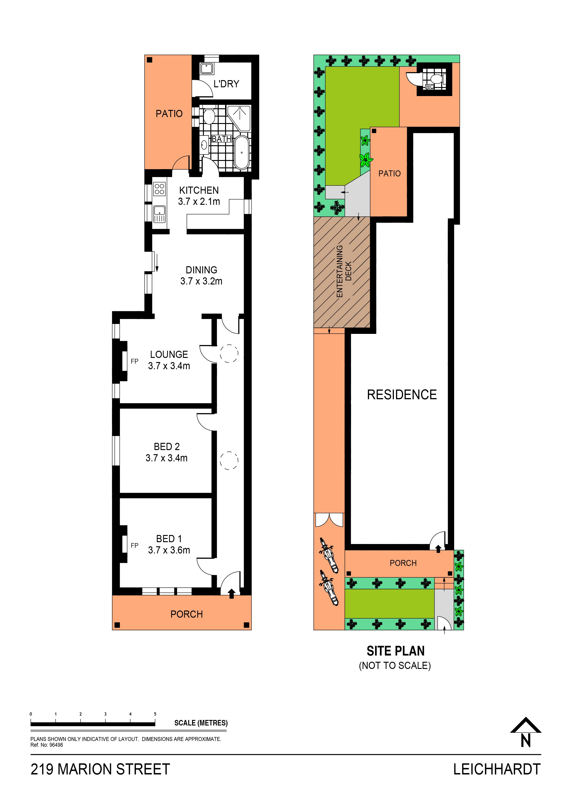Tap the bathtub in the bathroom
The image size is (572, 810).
(242, 152)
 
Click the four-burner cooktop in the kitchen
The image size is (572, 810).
(159, 188)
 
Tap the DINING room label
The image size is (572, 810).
(201, 270)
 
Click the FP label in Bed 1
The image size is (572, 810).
(134, 545)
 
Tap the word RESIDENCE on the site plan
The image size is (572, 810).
(402, 394)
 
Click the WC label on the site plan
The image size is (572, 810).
(429, 86)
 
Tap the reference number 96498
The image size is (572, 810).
(56, 745)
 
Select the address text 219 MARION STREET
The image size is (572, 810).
(100, 769)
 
